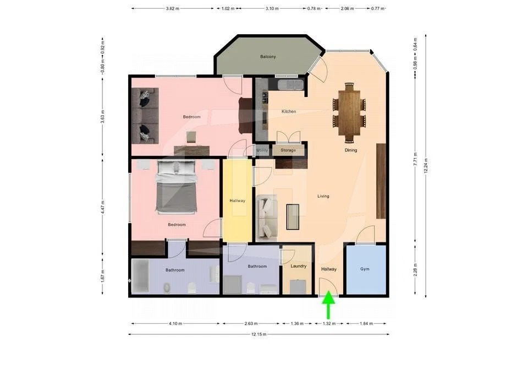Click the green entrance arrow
coord(328,306)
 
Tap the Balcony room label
coord(268,57)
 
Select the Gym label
coord(365,269)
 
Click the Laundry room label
coord(298,266)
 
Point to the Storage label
coord(288,150)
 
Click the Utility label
coord(262,150)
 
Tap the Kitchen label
coord(289,111)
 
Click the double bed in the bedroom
coord(176,187)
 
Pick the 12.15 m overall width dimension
coord(259,334)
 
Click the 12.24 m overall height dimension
coord(426,166)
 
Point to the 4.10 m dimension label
coord(175,323)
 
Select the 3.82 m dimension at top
coord(172,8)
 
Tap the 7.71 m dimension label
coord(415,159)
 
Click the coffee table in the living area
coord(293,217)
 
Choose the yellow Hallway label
coord(238,200)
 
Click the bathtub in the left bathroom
coord(140,276)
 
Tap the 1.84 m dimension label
coord(366,323)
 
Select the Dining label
coord(351,150)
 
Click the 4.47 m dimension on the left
coord(103,207)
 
